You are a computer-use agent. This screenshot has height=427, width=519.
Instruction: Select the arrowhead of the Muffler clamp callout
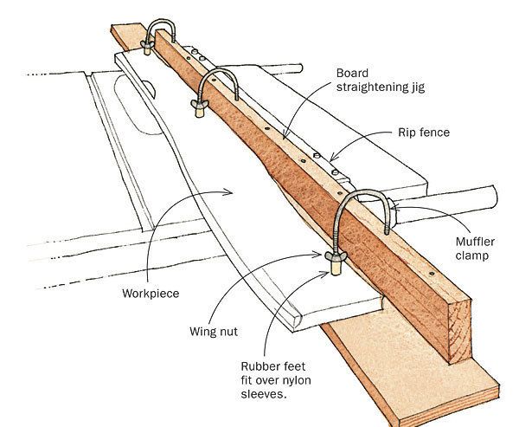[x=393, y=205]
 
